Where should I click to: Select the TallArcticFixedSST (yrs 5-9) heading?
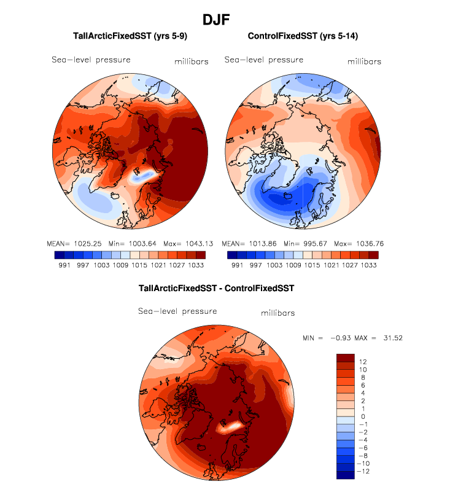(130, 37)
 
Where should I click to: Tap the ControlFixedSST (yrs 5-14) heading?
(303, 37)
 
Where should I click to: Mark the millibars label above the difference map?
(277, 313)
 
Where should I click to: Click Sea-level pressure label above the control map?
(263, 60)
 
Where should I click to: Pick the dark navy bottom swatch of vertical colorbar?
(346, 474)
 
